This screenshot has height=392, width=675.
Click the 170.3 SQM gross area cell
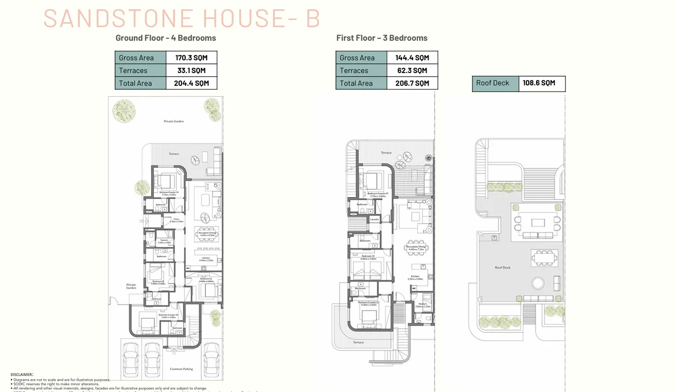tap(191, 58)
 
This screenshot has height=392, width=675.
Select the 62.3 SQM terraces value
tap(412, 70)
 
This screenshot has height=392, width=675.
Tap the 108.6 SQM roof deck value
tap(539, 83)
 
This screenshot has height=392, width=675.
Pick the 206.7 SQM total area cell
tap(412, 83)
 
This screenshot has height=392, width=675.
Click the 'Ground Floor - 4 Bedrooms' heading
tap(166, 38)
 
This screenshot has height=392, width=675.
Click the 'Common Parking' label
tap(181, 369)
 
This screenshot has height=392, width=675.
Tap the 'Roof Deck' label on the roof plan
tap(502, 268)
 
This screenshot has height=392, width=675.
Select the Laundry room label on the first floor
tap(375, 220)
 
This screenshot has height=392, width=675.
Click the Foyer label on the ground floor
tap(175, 220)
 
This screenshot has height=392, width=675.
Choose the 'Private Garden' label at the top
tap(173, 121)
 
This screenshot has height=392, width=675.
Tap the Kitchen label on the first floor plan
tap(415, 277)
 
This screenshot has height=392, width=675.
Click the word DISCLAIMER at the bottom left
tap(22, 375)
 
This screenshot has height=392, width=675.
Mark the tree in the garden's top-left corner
tap(124, 111)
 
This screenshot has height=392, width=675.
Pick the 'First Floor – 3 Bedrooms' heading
tap(382, 38)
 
